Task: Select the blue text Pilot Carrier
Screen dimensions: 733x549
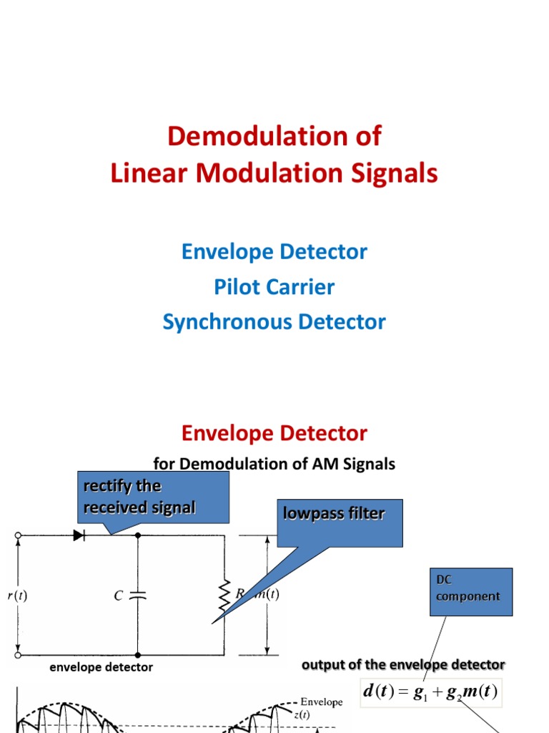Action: pos(274,287)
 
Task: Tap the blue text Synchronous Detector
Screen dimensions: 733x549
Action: pos(274,322)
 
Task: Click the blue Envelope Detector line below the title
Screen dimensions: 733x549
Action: pos(274,252)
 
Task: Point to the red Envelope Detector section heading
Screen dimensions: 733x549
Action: pos(274,433)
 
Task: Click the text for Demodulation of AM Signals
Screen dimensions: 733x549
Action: pos(274,464)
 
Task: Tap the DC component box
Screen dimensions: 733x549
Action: pos(471,591)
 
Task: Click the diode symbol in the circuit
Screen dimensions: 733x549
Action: pos(79,535)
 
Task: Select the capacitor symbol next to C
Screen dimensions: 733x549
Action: pos(138,595)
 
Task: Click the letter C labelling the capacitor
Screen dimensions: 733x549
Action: pos(118,595)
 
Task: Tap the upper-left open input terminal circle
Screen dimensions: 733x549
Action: pos(17,535)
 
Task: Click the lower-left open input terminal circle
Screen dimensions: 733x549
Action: pos(17,654)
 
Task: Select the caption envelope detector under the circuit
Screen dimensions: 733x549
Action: pos(101,667)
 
